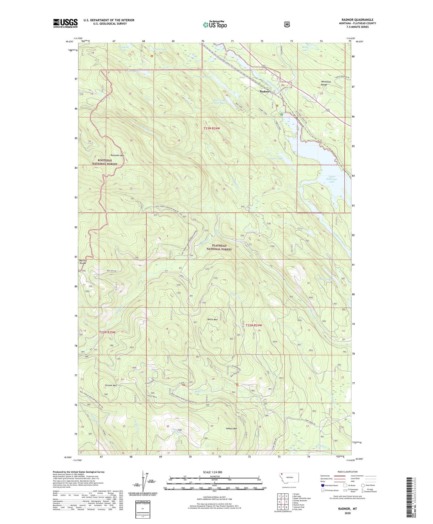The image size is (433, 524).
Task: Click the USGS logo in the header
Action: click(65, 23)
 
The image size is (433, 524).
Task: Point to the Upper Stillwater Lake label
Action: click(332, 179)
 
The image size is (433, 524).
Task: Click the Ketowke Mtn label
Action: click(117, 155)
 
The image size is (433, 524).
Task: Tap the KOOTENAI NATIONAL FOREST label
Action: click(105, 162)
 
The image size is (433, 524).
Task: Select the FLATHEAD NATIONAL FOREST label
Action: click(219, 247)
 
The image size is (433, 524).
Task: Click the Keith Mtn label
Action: click(212, 319)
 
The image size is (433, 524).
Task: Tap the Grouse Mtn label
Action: click(111, 385)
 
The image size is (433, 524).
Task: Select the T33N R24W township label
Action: click(212, 128)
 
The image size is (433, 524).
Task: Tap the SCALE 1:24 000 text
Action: click(212, 472)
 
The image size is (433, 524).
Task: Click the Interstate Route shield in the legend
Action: click(322, 485)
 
